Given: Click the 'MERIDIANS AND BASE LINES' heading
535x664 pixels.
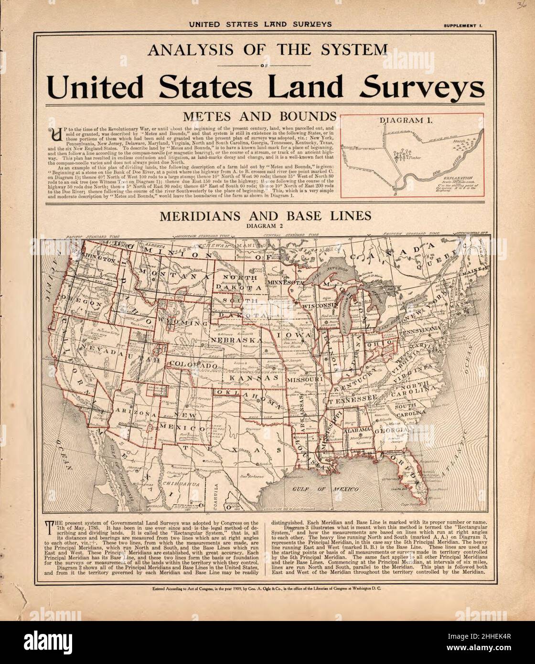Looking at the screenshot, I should [265, 216].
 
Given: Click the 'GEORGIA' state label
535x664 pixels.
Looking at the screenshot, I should [393, 429].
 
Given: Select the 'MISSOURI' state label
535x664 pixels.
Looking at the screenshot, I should [305, 379].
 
